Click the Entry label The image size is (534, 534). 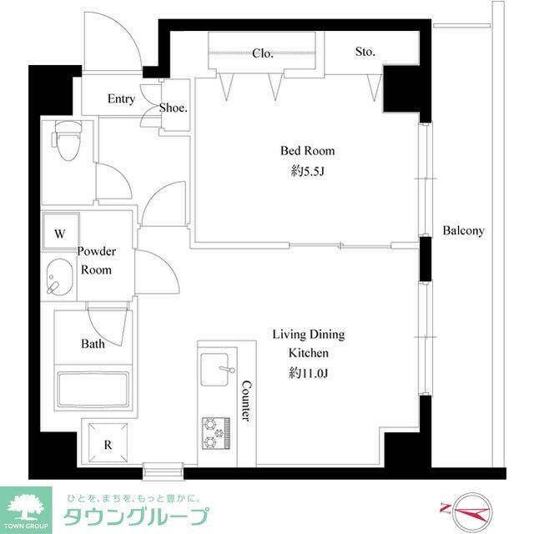pyautogui.click(x=121, y=99)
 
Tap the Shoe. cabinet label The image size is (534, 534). pyautogui.click(x=174, y=108)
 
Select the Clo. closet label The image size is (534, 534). pyautogui.click(x=262, y=53)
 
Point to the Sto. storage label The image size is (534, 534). pyautogui.click(x=365, y=52)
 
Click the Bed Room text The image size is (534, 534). pyautogui.click(x=307, y=151)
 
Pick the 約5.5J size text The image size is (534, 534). pyautogui.click(x=307, y=171)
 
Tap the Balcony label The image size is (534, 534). pyautogui.click(x=463, y=230)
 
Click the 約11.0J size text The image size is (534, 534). pyautogui.click(x=308, y=373)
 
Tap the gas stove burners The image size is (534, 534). pyautogui.click(x=215, y=430)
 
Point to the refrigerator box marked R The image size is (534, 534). pyautogui.click(x=107, y=445)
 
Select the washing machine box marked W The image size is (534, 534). pyautogui.click(x=60, y=234)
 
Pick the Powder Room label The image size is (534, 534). pyautogui.click(x=96, y=260)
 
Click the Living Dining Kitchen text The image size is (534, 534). pyautogui.click(x=308, y=344)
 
